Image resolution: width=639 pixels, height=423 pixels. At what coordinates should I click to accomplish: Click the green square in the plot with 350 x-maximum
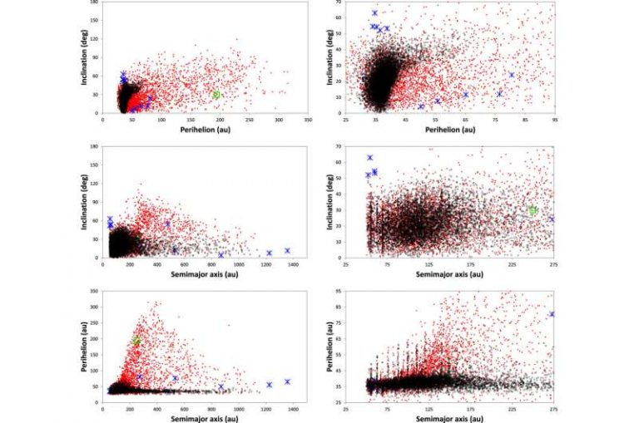point(216,95)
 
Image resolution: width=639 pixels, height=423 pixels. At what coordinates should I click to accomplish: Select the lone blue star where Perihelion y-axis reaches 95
point(552,314)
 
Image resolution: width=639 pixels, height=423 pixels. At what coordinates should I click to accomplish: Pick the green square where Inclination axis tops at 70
point(533,211)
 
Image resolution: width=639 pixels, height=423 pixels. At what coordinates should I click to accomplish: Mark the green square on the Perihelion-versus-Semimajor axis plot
point(136,341)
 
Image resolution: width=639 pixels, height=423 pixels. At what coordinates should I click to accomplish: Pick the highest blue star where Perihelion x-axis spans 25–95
point(374,13)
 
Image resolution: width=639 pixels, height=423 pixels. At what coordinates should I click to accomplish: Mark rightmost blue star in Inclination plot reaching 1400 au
point(287,250)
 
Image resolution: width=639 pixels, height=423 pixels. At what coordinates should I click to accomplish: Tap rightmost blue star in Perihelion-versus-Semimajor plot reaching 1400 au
point(287,382)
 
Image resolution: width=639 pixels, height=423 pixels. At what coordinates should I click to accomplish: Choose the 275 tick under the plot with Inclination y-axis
point(553,264)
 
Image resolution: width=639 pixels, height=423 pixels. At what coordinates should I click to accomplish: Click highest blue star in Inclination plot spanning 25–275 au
point(370,158)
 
